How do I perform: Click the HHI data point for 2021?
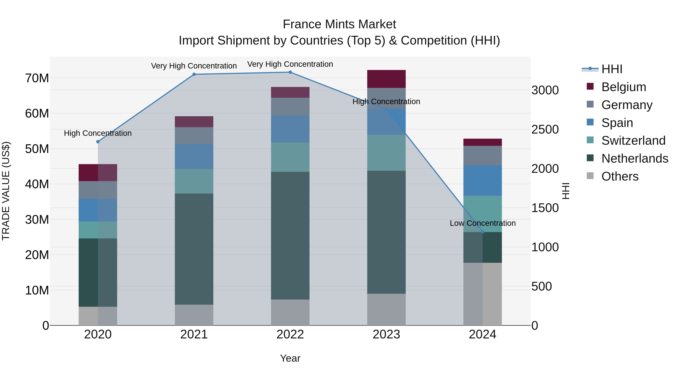click(194, 74)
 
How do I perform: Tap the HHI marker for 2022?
click(290, 72)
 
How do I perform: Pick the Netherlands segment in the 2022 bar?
click(290, 235)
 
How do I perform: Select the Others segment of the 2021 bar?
click(194, 315)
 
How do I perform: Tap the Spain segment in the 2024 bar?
click(483, 180)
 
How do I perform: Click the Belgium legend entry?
click(624, 87)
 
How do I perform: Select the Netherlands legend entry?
click(635, 158)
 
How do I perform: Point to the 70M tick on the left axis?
click(37, 78)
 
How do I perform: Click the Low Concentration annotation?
click(483, 223)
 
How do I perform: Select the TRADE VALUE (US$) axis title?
click(6, 191)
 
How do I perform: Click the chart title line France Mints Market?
click(339, 24)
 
